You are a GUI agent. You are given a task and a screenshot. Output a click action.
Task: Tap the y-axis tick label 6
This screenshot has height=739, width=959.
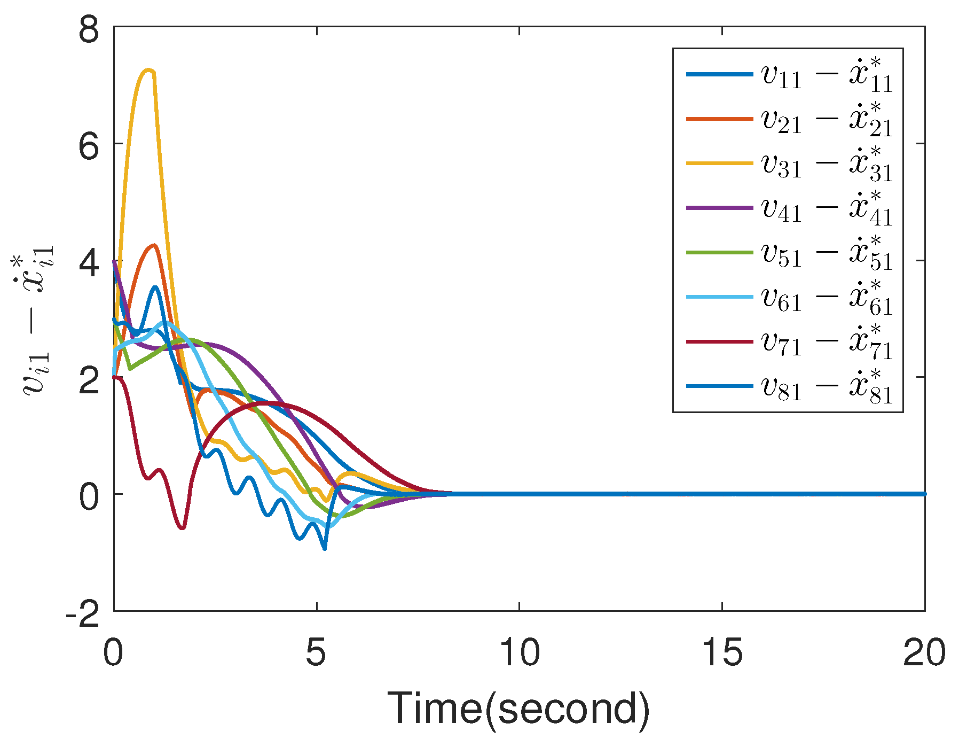tap(89, 145)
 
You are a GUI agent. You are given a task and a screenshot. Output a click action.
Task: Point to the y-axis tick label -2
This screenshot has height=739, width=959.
tap(82, 612)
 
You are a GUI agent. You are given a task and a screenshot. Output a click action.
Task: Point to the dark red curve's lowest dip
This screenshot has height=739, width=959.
tap(183, 528)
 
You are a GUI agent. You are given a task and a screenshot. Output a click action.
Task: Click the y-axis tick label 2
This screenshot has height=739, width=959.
tap(89, 378)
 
